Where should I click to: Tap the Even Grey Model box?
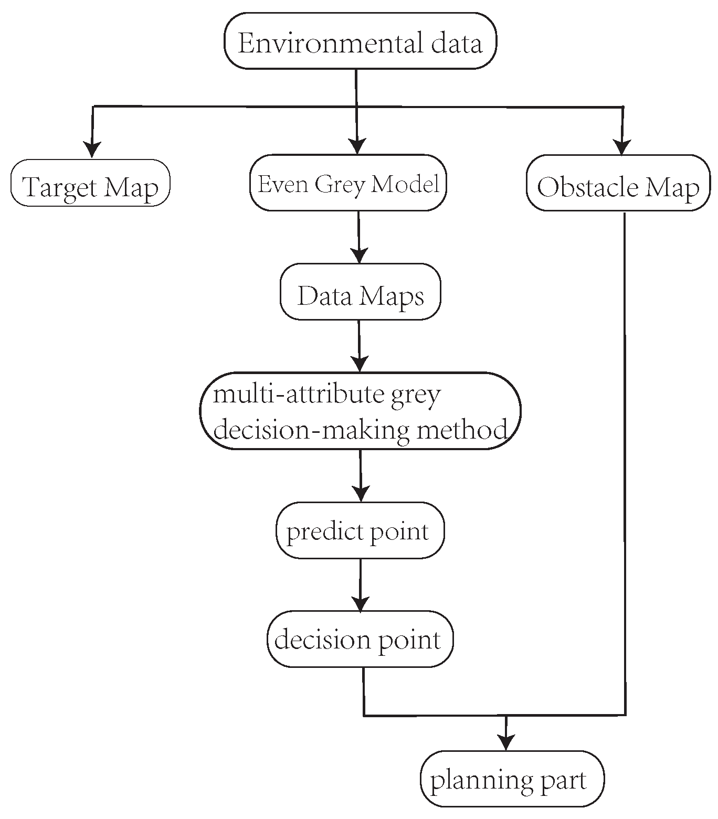click(x=348, y=184)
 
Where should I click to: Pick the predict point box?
click(x=360, y=531)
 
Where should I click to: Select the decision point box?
click(x=360, y=640)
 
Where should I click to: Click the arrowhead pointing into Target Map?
click(x=92, y=150)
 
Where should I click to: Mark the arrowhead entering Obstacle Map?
click(x=622, y=147)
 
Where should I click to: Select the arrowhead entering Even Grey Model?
click(x=357, y=146)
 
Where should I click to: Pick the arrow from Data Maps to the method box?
click(x=359, y=346)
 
